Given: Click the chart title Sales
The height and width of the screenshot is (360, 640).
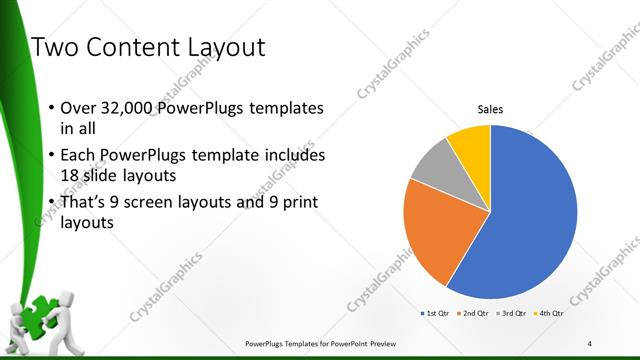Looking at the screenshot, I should [x=490, y=109].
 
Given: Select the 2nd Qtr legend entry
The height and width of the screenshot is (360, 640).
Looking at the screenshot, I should [x=473, y=313].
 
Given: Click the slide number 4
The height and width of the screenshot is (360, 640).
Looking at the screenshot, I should [x=590, y=343].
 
